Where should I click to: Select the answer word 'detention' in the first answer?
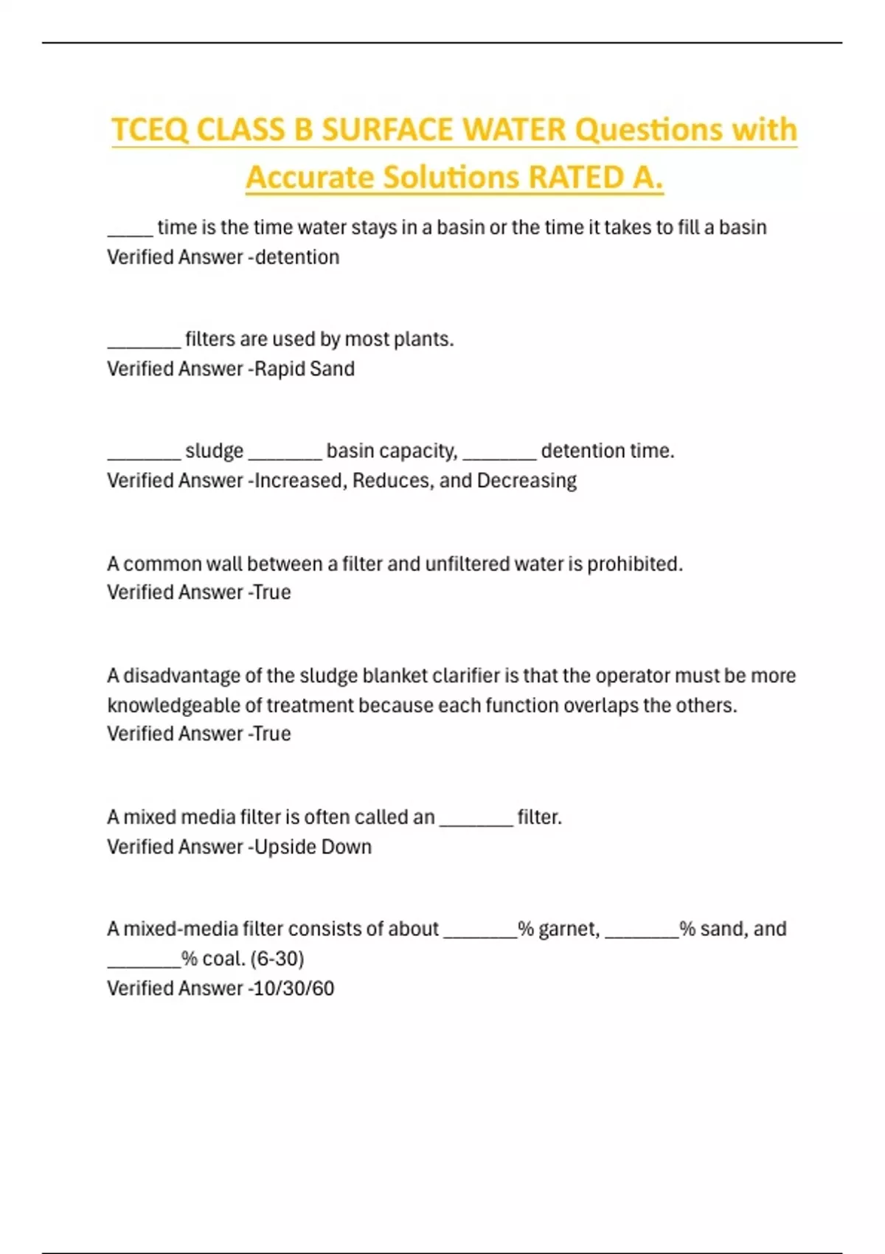[297, 257]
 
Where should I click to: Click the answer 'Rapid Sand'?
[305, 369]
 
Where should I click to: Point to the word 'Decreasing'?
[527, 481]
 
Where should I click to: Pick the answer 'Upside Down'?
[313, 847]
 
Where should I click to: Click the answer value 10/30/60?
[294, 988]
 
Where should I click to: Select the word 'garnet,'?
[569, 929]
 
